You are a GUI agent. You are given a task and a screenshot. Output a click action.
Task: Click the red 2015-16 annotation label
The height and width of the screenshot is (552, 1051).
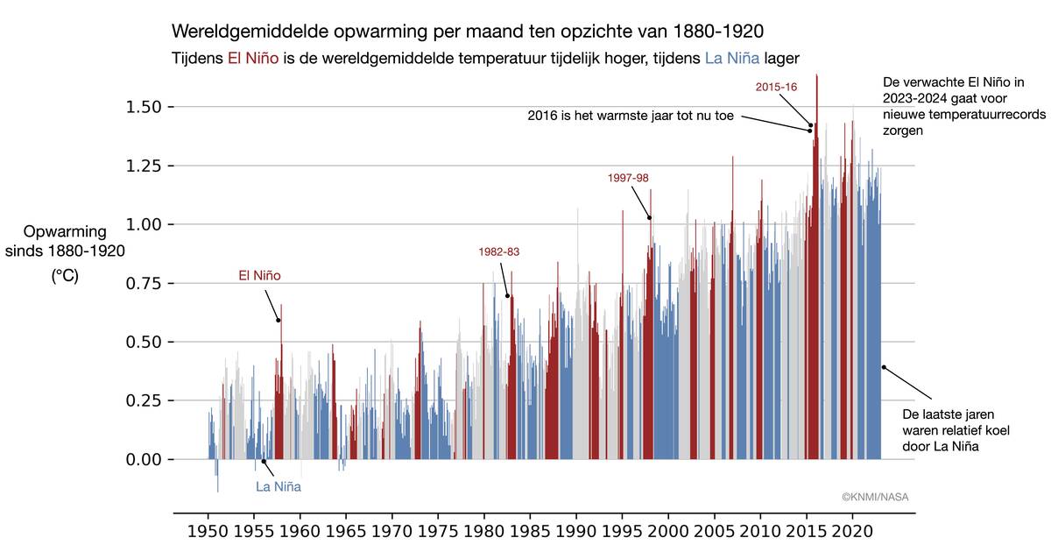click(775, 87)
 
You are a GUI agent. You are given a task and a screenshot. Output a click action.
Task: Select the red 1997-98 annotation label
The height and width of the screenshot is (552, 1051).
click(628, 178)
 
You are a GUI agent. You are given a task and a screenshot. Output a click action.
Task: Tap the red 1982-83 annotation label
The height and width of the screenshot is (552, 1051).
click(499, 251)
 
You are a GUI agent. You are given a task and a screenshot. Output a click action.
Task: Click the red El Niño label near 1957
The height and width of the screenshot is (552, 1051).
click(260, 275)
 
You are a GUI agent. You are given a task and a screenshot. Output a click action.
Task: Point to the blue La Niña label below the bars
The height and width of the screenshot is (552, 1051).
click(279, 486)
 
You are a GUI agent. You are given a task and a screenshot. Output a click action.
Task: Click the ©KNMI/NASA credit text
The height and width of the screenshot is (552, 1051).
click(875, 496)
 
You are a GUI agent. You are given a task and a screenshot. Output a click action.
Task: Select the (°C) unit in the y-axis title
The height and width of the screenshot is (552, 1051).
click(65, 275)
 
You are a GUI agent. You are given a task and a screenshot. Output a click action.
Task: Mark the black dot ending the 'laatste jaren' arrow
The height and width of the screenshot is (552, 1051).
click(884, 367)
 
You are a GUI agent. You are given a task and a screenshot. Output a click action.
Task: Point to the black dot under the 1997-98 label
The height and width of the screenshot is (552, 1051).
click(650, 218)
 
